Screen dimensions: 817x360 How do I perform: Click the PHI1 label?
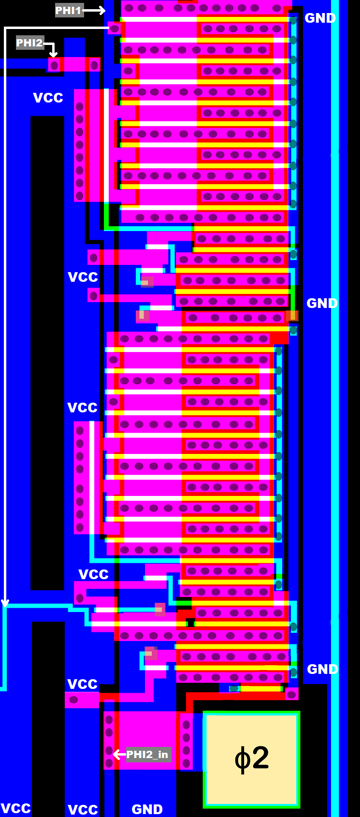pos(69,10)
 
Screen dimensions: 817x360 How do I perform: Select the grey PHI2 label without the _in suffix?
pos(29,43)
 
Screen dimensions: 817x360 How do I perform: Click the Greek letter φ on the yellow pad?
pos(241,759)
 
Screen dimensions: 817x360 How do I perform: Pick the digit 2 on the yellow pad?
pos(260,758)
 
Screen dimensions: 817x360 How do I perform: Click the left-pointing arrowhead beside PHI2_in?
pos(116,754)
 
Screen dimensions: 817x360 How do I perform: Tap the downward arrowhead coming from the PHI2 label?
pos(54,53)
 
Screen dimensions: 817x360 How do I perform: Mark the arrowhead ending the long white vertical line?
pos(5,603)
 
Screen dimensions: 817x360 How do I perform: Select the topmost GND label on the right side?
pos(320,18)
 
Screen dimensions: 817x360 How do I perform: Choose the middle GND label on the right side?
pos(322,303)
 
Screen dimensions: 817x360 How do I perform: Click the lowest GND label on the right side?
pos(322,669)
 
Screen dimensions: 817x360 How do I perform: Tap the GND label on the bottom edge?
pos(147,809)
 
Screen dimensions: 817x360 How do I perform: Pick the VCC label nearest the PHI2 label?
pos(48,98)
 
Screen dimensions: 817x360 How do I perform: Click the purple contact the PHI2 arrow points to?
pos(54,65)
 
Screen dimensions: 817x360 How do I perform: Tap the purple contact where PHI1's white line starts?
pos(115,29)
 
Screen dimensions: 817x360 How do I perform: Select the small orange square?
pos(292,316)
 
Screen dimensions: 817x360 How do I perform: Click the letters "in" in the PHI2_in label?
pos(163,754)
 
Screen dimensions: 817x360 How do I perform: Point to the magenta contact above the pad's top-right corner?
pos(291,694)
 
